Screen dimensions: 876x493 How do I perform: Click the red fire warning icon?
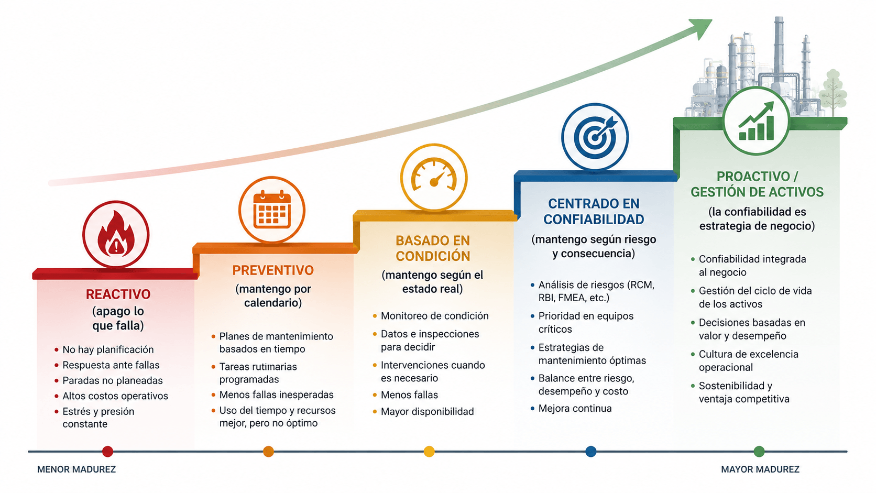tap(116, 234)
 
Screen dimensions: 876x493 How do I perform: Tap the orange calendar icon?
tap(272, 210)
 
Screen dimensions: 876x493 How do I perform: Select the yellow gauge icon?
tap(434, 178)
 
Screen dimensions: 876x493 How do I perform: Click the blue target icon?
tap(595, 137)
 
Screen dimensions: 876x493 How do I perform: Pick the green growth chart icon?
tap(757, 121)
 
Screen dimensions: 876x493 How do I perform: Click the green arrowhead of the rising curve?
tap(702, 28)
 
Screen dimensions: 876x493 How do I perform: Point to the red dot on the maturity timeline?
tap(107, 451)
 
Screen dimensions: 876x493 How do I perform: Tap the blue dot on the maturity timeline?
tap(591, 451)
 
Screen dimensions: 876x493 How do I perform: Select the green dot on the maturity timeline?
tap(759, 451)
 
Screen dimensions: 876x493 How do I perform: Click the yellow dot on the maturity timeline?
tap(429, 451)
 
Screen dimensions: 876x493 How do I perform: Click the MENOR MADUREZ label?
tap(76, 469)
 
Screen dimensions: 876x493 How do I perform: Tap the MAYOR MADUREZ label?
tap(760, 469)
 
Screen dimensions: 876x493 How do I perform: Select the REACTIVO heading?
tap(118, 294)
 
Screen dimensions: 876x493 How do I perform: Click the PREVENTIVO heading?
tap(273, 270)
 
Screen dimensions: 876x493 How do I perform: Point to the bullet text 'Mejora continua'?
tap(575, 409)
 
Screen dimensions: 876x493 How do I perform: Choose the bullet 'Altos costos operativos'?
tap(115, 396)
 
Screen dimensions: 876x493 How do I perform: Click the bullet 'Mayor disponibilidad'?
tap(428, 412)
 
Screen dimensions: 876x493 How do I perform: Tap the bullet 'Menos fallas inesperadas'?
tap(277, 395)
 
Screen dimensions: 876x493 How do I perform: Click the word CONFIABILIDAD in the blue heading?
tap(594, 220)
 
